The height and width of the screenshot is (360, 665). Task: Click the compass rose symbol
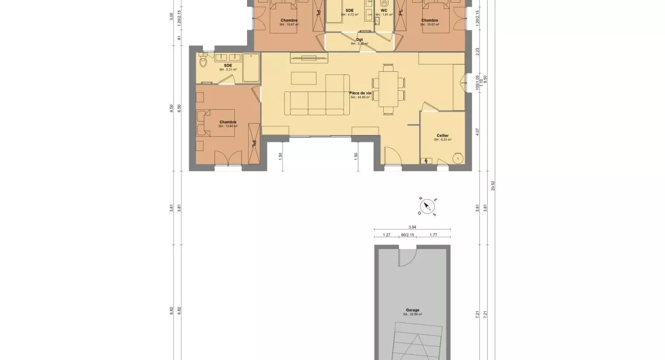pos(427,207)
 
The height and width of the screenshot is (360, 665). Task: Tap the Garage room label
pos(413,310)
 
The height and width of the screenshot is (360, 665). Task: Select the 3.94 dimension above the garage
pos(412,226)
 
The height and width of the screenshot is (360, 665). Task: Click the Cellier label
pos(442,136)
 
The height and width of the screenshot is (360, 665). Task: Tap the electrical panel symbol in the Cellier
pos(426,160)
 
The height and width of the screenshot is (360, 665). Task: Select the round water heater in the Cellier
pos(458,158)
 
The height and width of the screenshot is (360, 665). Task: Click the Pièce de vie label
pos(360,93)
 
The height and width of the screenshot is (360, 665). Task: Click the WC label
pos(384,11)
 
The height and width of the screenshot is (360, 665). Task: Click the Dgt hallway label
pos(359,40)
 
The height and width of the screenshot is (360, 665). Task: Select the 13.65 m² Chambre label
pos(228,122)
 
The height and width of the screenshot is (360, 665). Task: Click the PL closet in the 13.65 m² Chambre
pos(254,143)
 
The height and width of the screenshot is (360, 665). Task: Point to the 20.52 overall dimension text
pos(493,186)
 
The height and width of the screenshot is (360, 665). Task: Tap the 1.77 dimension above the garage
pos(433,235)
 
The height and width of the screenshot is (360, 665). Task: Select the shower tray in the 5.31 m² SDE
pos(251,68)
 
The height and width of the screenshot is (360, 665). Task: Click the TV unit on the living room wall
pos(308,58)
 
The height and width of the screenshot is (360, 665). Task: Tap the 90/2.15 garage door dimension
pos(407,235)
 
